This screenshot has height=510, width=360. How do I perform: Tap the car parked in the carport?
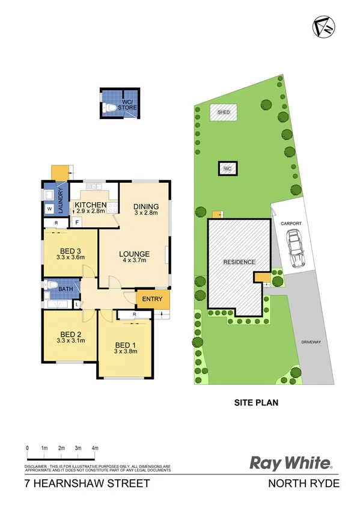(x=296, y=250)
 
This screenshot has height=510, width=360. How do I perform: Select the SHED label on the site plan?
(x=224, y=112)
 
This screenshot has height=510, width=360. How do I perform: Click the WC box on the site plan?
(x=227, y=169)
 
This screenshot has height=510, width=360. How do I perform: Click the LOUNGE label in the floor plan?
(x=133, y=253)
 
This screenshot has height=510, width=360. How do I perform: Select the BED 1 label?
(x=126, y=345)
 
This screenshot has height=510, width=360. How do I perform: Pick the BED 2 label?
(x=70, y=334)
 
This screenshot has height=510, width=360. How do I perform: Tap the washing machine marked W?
(x=49, y=209)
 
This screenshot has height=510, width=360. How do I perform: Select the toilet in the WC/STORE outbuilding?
(x=111, y=108)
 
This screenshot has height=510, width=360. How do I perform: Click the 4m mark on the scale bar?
(x=95, y=448)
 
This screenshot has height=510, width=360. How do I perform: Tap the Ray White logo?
(x=291, y=464)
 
